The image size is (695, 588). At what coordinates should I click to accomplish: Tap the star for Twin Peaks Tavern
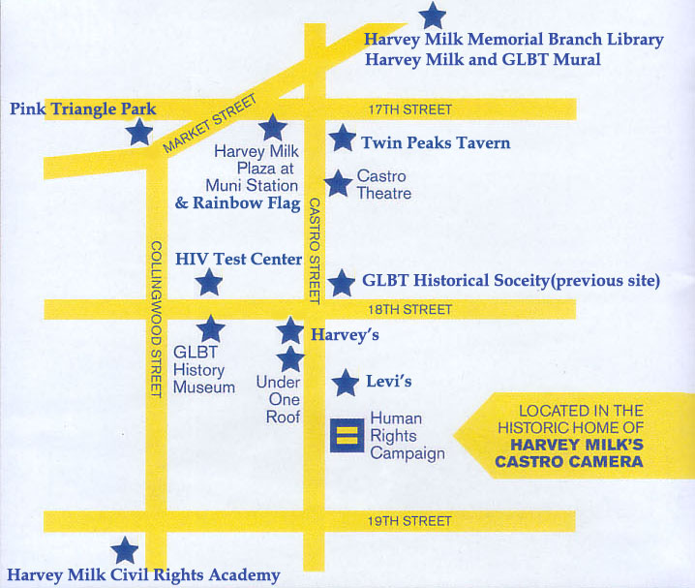(x=342, y=139)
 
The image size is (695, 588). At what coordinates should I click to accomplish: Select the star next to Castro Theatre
(x=338, y=183)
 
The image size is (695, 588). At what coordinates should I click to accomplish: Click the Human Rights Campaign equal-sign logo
(x=344, y=433)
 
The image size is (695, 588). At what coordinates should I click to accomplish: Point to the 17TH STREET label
(x=409, y=109)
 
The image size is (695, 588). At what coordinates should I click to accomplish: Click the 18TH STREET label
(x=409, y=310)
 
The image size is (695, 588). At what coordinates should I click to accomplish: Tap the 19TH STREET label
(x=409, y=521)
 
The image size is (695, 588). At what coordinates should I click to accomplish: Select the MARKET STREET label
(x=211, y=124)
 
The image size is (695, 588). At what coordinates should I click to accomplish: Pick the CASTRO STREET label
(x=315, y=250)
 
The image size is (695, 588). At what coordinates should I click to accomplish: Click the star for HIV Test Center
(x=208, y=283)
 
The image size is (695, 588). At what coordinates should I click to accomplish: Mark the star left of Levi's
(x=345, y=383)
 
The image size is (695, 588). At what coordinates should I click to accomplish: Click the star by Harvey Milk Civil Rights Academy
(x=124, y=551)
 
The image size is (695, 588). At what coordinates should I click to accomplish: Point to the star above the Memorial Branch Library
(x=433, y=15)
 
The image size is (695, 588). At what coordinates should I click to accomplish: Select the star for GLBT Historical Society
(x=341, y=283)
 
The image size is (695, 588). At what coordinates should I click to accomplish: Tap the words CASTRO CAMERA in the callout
(x=569, y=462)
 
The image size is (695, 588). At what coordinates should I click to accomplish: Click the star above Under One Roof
(x=290, y=359)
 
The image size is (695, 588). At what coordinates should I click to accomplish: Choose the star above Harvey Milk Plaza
(x=271, y=126)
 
